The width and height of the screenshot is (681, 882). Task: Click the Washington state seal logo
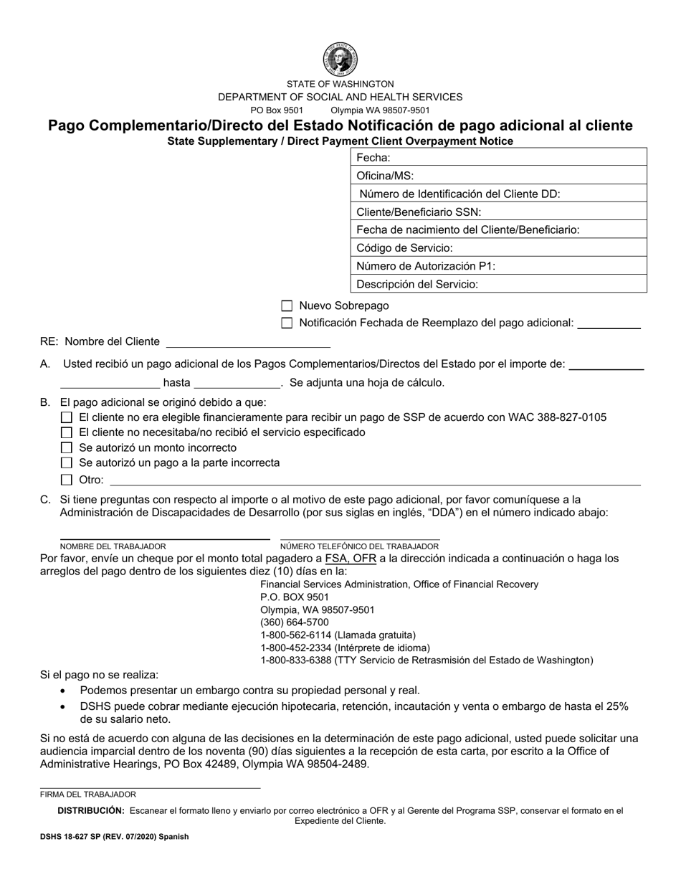click(340, 60)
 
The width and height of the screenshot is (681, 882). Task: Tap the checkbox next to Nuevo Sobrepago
click(287, 305)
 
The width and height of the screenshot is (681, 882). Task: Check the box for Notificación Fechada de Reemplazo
click(287, 323)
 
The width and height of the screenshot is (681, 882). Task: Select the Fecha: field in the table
click(498, 158)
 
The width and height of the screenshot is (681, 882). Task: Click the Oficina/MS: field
click(498, 176)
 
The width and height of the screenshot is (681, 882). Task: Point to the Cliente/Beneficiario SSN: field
click(498, 212)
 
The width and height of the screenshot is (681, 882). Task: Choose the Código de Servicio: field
click(498, 248)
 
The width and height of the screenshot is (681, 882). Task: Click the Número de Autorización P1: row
click(498, 266)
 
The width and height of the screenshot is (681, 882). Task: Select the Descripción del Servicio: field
click(498, 284)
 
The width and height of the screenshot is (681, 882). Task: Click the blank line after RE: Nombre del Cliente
click(247, 342)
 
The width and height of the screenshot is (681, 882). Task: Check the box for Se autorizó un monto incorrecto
click(67, 448)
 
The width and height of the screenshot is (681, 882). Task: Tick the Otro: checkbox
click(67, 480)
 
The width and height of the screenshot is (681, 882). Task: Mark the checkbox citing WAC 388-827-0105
click(67, 417)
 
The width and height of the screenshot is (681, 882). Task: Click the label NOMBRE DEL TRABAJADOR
click(113, 546)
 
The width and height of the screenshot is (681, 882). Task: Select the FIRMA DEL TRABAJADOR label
click(88, 795)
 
